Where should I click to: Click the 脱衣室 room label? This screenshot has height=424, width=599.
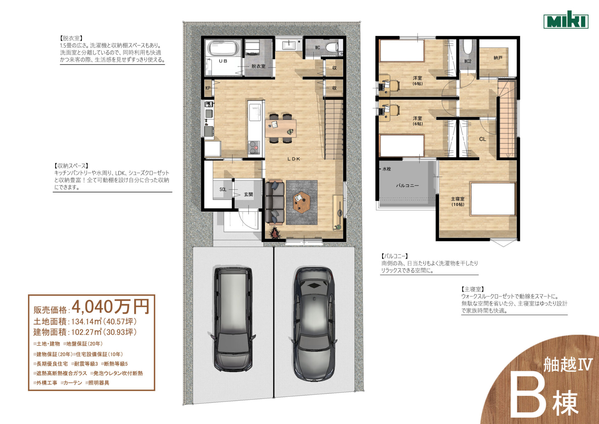point(258,66)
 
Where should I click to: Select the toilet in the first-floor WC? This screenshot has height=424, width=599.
point(332,47)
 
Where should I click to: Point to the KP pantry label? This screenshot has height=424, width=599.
point(208,88)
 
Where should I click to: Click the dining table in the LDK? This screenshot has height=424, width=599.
point(280,128)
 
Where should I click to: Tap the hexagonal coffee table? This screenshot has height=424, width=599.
point(301,202)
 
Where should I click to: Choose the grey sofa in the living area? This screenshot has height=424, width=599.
point(275,202)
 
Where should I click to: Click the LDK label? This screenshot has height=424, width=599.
point(294,159)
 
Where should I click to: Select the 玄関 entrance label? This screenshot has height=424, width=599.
point(248,194)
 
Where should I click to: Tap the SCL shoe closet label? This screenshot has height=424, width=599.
point(223,189)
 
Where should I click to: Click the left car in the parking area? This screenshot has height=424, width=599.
point(233,319)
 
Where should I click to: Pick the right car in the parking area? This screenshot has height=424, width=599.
point(314,324)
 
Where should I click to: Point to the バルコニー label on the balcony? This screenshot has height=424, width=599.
point(407,186)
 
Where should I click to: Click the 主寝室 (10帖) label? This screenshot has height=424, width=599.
point(458,202)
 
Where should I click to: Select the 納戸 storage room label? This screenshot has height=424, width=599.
point(498,58)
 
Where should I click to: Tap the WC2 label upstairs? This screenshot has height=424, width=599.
point(468,61)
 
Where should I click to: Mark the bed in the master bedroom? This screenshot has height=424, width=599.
point(493,199)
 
